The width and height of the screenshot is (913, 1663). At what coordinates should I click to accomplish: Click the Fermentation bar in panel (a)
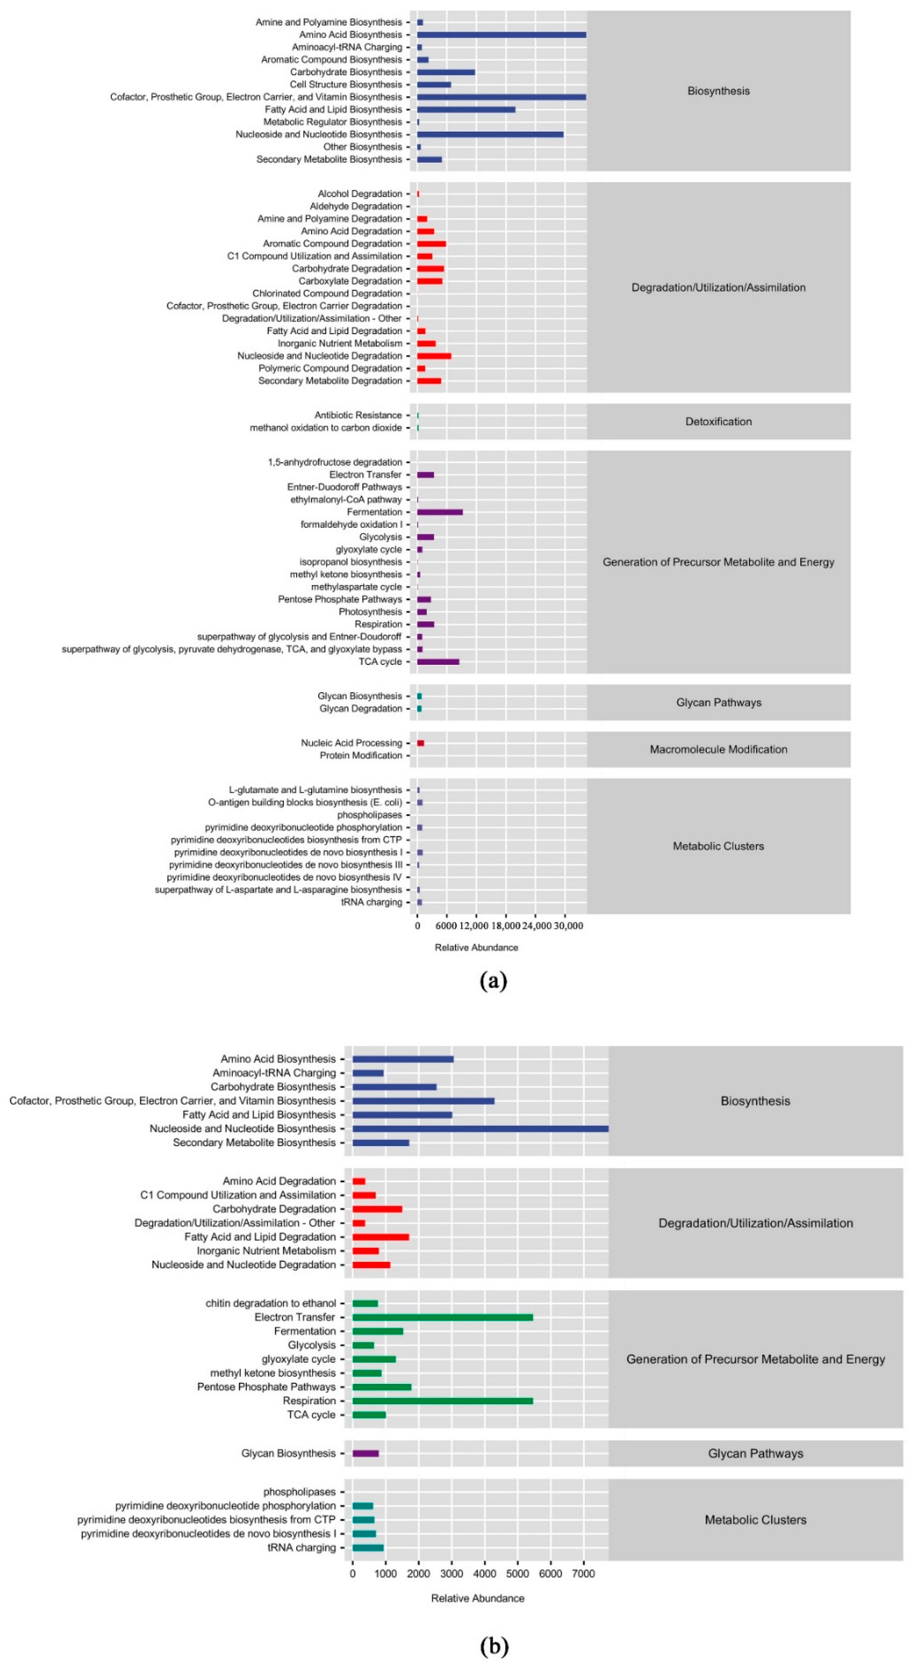tap(440, 512)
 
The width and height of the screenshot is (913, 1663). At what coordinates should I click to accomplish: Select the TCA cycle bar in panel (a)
tap(438, 662)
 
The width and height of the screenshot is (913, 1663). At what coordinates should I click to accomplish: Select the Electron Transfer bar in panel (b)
tap(442, 1317)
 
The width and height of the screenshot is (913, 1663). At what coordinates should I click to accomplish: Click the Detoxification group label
tap(718, 422)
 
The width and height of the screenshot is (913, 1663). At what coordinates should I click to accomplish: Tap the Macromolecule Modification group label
tap(718, 749)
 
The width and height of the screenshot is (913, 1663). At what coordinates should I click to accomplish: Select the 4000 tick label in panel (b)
tap(484, 1574)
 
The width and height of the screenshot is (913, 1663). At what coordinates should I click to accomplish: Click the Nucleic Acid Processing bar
tap(420, 743)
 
